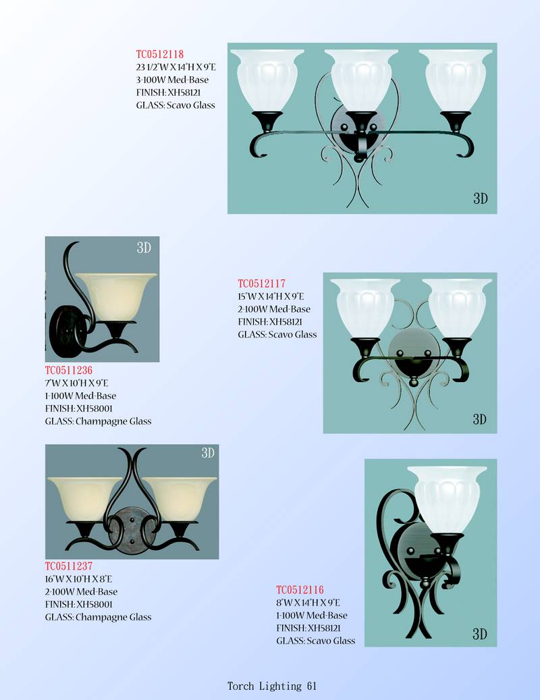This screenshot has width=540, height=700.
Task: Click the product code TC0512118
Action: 160,55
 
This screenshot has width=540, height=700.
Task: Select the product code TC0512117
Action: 261,284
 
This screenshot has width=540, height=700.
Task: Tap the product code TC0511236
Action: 69,370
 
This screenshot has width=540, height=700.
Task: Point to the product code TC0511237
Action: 69,566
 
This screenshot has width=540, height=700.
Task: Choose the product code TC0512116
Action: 300,590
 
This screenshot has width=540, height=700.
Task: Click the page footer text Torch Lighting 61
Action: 272,686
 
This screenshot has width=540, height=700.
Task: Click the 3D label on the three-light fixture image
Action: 480,198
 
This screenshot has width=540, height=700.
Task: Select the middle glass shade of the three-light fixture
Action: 361,80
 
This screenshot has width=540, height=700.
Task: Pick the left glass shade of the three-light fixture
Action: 267,80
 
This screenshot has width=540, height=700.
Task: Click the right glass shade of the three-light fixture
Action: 455,80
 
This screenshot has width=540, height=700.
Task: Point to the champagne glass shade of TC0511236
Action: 115,297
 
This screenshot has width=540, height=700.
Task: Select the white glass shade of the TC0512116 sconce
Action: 447,500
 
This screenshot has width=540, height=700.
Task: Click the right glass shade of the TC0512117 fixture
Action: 456,308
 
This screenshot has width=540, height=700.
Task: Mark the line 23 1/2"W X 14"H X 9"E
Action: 175,68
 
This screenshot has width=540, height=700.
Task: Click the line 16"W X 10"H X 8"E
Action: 78,579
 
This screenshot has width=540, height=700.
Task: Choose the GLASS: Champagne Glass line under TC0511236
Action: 98,421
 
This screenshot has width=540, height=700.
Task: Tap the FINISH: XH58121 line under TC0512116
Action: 308,628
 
